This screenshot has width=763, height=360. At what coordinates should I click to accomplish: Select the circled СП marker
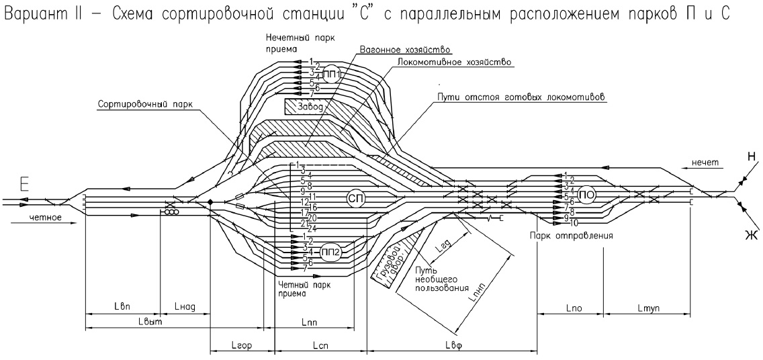[x=356, y=198]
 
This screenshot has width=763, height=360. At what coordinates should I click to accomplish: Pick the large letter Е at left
[x=26, y=183]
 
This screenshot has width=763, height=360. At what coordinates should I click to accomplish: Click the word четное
[x=46, y=218]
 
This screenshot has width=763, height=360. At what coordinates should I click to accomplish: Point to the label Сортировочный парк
[x=138, y=105]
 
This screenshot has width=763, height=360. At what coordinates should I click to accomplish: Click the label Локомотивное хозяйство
[x=455, y=62]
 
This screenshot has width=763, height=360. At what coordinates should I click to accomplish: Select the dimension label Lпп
[x=310, y=323]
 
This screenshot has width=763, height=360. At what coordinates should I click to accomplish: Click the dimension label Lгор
[x=242, y=345]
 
